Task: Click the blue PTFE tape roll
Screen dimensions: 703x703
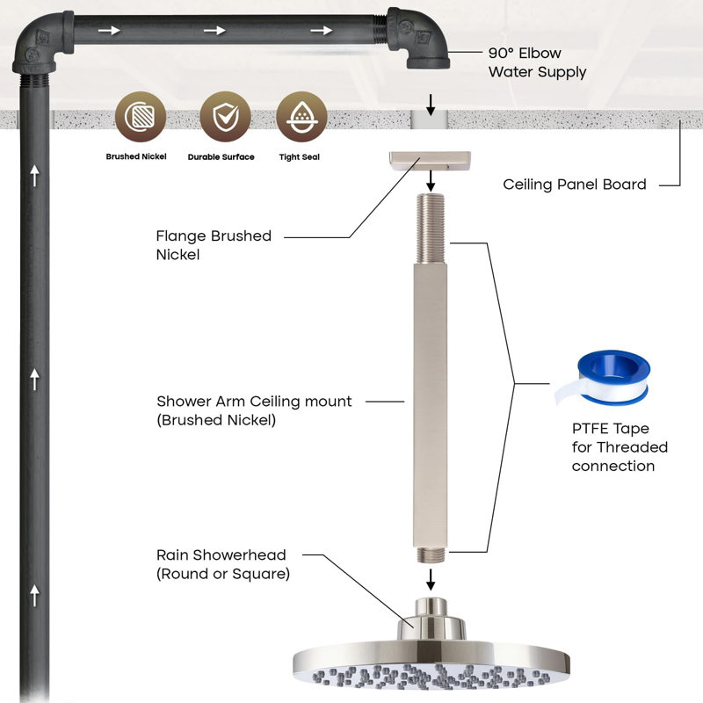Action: pyautogui.click(x=603, y=378)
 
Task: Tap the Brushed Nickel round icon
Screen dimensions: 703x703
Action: pyautogui.click(x=141, y=117)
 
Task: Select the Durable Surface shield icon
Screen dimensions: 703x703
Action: pyautogui.click(x=225, y=117)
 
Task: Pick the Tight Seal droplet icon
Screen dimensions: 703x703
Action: pyautogui.click(x=301, y=117)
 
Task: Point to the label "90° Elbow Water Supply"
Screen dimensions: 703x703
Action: pyautogui.click(x=537, y=62)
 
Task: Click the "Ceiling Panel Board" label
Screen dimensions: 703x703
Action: pyautogui.click(x=575, y=185)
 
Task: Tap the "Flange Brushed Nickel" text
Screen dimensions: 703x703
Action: pyautogui.click(x=214, y=245)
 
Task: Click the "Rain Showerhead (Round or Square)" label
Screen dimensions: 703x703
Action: pyautogui.click(x=223, y=564)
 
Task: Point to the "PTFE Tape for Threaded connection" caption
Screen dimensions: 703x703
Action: pyautogui.click(x=620, y=447)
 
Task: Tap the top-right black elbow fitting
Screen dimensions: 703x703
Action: pyautogui.click(x=418, y=38)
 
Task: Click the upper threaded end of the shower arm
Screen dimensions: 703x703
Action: pyautogui.click(x=431, y=228)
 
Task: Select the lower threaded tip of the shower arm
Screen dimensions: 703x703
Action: pyautogui.click(x=431, y=554)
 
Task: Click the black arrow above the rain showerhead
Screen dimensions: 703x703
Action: pyautogui.click(x=431, y=579)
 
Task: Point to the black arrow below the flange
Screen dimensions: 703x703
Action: pyautogui.click(x=431, y=181)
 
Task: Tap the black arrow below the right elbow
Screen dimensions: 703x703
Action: pyautogui.click(x=431, y=105)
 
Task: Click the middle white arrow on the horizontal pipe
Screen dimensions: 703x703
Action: pyautogui.click(x=214, y=30)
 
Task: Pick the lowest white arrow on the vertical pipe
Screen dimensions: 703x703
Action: pyautogui.click(x=34, y=596)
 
